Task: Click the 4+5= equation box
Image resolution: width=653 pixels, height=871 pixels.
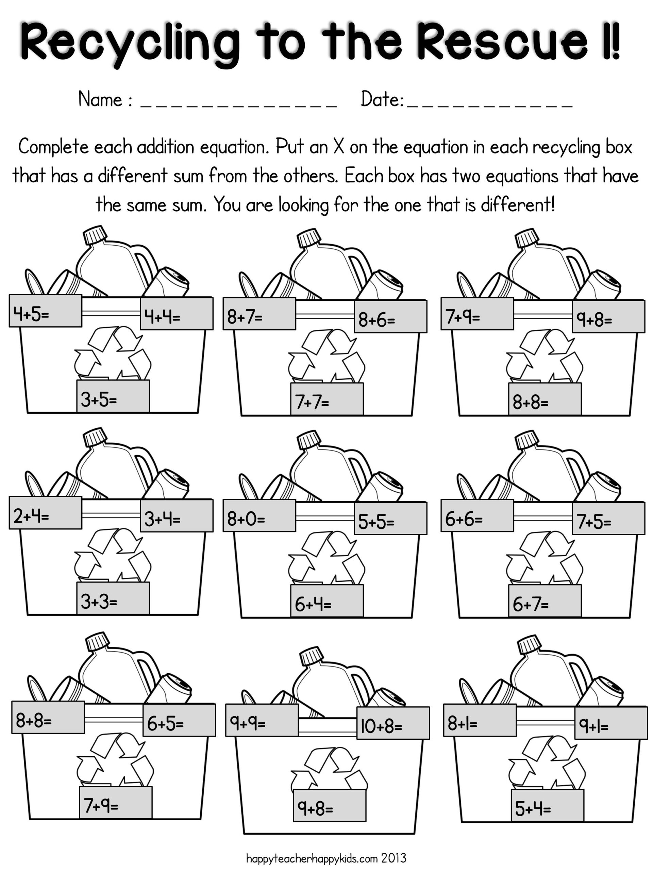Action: point(45,311)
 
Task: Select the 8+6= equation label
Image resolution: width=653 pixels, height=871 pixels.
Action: point(390,316)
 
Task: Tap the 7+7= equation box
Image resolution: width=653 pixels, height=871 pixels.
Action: point(327,398)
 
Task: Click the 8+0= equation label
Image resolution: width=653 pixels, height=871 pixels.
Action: point(259,515)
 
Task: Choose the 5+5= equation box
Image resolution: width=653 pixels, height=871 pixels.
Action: point(390,519)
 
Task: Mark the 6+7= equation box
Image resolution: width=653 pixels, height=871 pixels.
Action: point(545,601)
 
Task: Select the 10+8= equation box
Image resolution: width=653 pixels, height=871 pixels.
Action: point(393,723)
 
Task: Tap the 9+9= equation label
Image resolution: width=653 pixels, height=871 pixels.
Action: point(262,720)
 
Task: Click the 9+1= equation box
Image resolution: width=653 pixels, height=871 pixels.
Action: point(610,723)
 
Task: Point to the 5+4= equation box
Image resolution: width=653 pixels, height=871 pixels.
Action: point(547,805)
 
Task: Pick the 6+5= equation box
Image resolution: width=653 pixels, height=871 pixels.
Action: point(179,720)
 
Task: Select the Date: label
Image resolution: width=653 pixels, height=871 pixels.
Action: point(382,99)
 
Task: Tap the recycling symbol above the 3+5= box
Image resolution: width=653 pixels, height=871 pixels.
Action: point(113,352)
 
